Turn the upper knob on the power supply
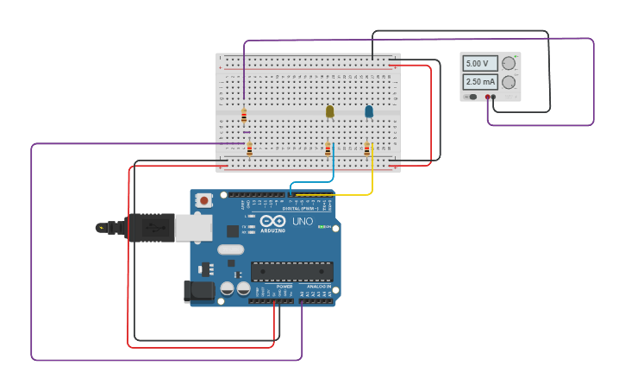509,63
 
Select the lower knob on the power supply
509,83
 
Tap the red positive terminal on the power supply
487,98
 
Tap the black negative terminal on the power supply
494,98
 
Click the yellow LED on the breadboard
329,111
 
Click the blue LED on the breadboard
369,111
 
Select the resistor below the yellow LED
328,149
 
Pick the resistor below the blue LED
366,149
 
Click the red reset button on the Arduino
203,200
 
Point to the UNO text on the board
303,221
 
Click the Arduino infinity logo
272,221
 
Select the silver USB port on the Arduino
193,228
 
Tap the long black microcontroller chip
291,271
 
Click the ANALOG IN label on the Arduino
318,287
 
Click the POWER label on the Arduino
272,287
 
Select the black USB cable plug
151,228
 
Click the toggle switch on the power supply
472,98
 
